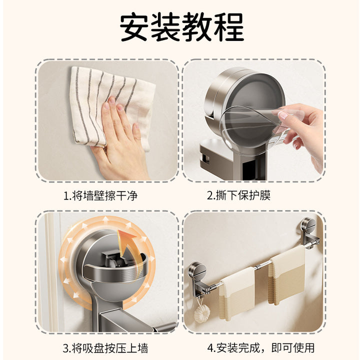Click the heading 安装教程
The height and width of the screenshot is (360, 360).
coord(182,27)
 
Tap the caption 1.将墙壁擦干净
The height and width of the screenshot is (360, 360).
coord(100,196)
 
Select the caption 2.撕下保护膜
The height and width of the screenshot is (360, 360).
coord(239,195)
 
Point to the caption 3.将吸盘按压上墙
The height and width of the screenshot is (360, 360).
coord(105,348)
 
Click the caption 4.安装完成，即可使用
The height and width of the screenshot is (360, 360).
coord(261,348)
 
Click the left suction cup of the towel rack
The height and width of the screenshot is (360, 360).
coord(197,270)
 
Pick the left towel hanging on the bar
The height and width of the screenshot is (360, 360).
coord(237,294)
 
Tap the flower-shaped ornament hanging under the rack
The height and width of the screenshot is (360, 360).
coord(202,312)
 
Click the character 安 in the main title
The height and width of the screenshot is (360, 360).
coord(134,27)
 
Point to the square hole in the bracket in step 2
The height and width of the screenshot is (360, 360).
coord(205,159)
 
